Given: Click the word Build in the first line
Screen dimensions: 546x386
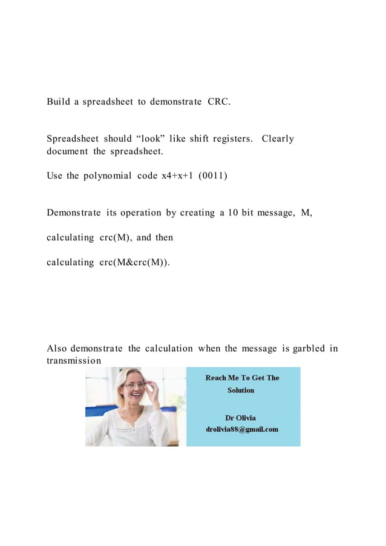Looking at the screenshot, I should click(58, 101).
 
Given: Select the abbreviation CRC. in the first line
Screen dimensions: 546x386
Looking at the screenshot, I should click(218, 101).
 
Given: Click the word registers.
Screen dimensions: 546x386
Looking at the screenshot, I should click(230, 139).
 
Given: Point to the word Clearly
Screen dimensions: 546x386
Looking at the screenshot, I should click(278, 139).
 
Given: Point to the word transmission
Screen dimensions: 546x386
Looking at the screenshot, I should click(74, 361).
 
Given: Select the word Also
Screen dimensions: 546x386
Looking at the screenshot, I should click(57, 348).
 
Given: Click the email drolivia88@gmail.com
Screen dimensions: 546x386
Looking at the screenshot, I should click(242, 429).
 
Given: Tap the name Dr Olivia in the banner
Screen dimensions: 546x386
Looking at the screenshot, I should click(240, 418).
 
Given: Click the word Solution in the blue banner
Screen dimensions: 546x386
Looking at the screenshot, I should click(241, 390).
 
